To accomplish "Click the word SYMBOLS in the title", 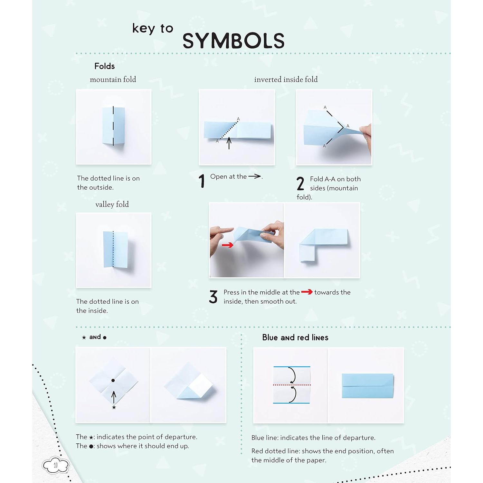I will tap(233, 41).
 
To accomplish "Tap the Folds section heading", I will tap(104, 66).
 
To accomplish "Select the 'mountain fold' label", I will tap(113, 80).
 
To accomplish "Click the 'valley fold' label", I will tap(112, 204).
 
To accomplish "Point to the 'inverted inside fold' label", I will tap(286, 80).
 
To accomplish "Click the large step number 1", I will tap(202, 181).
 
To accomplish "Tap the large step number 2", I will tap(300, 184).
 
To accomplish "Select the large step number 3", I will tap(213, 297).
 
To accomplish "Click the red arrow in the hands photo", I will tap(227, 245).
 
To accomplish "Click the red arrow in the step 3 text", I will tap(307, 292).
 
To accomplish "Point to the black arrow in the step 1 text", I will tap(254, 176).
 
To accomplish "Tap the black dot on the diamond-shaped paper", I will tap(113, 380).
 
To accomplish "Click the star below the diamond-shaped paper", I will tap(114, 407).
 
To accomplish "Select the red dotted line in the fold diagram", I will tap(292, 385).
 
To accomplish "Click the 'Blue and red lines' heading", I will tap(295, 337).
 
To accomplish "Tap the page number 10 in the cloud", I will tap(56, 465).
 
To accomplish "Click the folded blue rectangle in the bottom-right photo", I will tap(367, 386).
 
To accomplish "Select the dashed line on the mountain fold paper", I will tap(113, 126).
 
